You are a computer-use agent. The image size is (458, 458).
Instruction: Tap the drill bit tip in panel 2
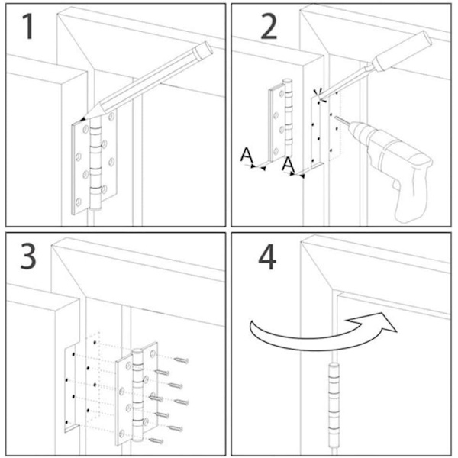(x=335, y=118)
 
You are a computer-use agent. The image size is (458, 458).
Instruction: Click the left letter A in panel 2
(x=247, y=156)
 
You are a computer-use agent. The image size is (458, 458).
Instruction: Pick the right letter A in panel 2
(x=288, y=165)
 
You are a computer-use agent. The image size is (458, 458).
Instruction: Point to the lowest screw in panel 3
(x=156, y=440)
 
